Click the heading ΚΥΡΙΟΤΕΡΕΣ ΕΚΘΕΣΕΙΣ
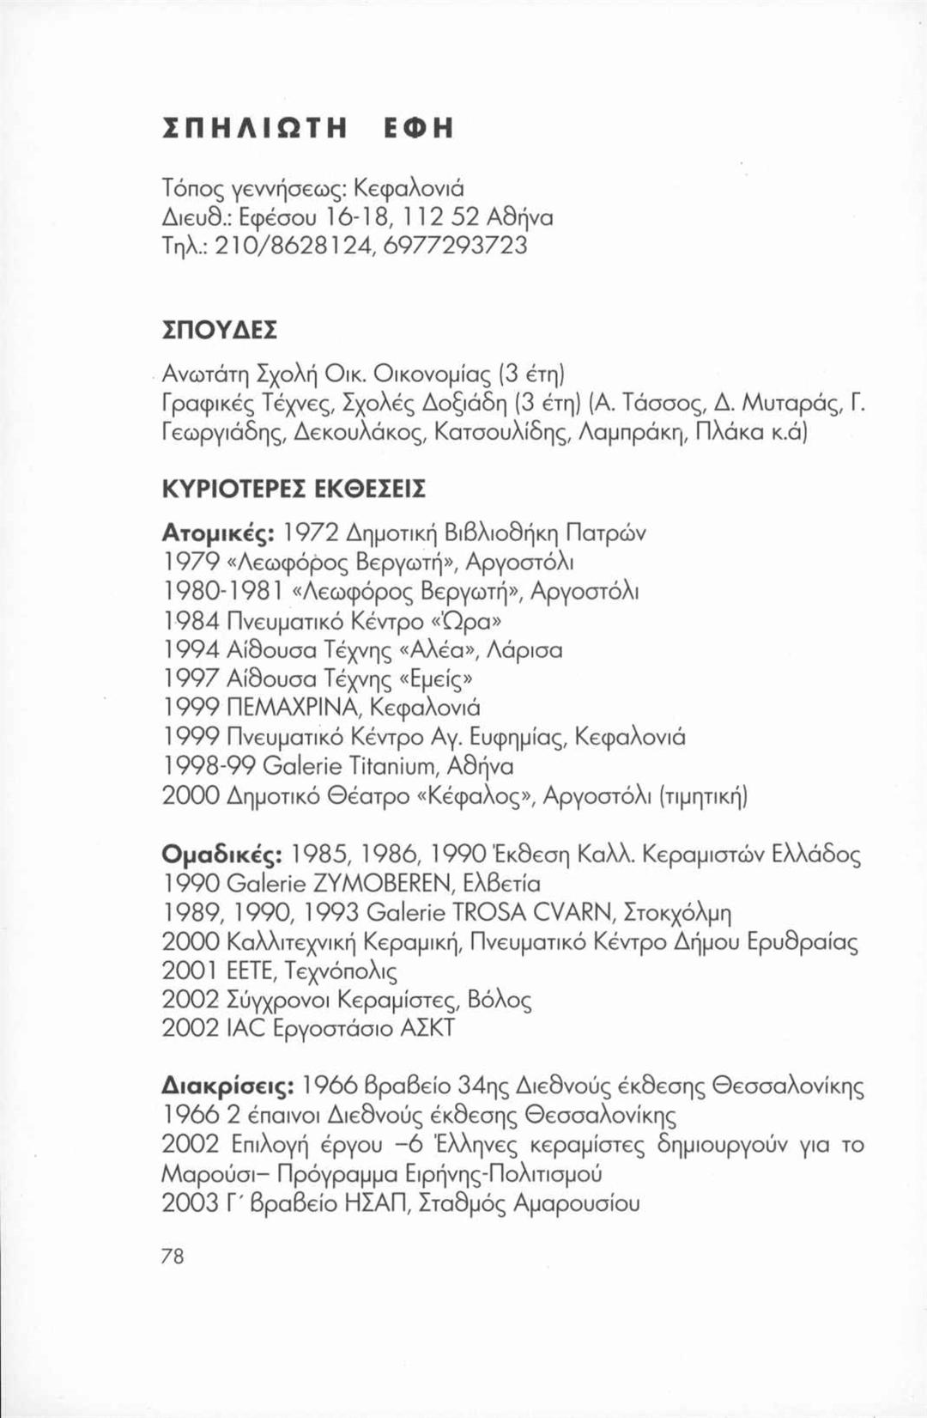click(294, 488)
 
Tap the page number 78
click(173, 1257)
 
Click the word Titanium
click(390, 766)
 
